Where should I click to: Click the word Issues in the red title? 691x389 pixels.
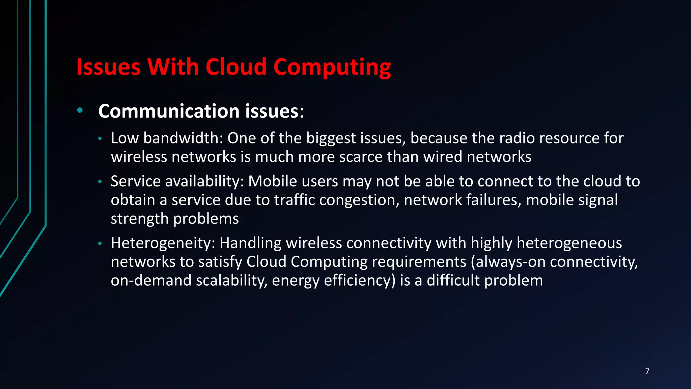point(108,67)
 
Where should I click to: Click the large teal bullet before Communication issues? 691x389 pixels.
point(80,110)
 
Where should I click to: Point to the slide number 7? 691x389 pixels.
point(647,371)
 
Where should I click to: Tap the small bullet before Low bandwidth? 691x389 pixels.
point(100,139)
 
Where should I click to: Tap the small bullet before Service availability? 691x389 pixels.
point(100,182)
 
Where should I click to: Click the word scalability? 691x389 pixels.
point(232,281)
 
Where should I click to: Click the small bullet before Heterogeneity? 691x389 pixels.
point(100,244)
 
